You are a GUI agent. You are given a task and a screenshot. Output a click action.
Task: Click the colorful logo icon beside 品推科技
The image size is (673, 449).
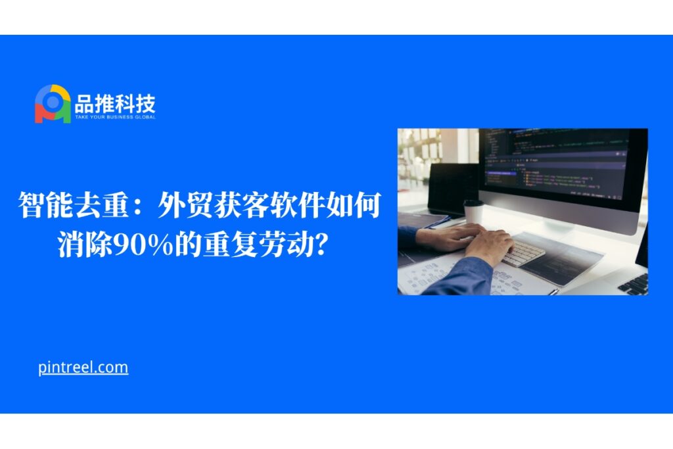[53, 104]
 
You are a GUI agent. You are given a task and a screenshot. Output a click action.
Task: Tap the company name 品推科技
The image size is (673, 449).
[115, 103]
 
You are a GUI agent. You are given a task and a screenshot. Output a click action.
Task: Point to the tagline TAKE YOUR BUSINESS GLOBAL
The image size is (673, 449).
[115, 117]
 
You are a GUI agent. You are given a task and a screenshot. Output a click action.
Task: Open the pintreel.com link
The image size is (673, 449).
[83, 368]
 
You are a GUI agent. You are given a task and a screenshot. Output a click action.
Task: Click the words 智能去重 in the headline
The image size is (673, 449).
[74, 205]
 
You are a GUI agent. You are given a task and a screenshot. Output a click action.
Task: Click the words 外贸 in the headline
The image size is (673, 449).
[185, 205]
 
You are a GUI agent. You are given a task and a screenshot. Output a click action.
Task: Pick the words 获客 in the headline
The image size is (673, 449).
[241, 205]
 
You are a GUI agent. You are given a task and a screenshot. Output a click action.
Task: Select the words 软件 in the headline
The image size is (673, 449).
[296, 205]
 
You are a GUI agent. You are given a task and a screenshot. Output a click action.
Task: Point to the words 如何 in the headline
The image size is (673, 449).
[353, 205]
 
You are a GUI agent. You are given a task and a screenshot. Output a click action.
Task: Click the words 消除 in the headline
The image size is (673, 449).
[85, 245]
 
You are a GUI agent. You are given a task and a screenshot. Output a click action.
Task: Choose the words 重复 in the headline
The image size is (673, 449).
[230, 245]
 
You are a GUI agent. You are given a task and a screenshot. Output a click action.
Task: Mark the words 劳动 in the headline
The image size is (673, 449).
[286, 245]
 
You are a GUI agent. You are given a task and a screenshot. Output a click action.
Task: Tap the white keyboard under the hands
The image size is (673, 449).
[524, 252]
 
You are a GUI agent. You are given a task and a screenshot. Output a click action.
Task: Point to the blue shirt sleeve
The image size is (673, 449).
[459, 279]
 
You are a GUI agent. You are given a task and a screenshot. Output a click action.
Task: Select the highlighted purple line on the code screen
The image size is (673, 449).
[501, 174]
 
